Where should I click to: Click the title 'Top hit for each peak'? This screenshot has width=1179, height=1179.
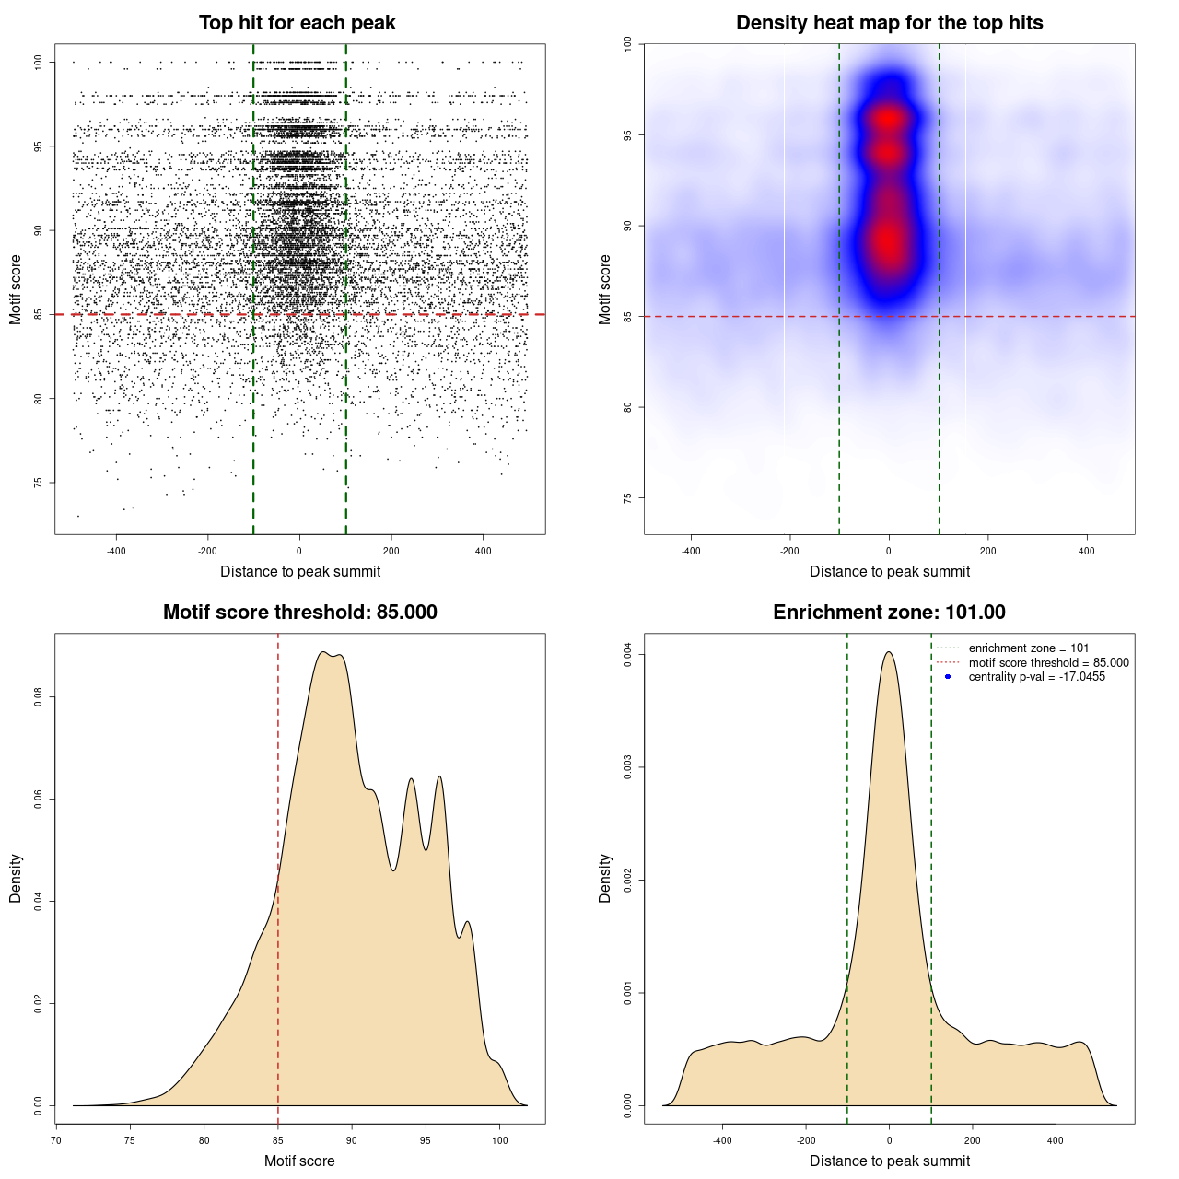[x=297, y=23]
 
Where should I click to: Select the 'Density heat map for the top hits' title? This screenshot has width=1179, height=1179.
[x=889, y=23]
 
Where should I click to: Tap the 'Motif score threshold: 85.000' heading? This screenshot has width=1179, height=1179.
[x=299, y=613]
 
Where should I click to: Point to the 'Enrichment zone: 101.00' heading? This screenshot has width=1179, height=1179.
[x=889, y=613]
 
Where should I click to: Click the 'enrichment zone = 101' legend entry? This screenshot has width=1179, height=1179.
[x=1028, y=648]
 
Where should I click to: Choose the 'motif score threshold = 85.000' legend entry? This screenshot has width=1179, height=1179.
[x=1048, y=662]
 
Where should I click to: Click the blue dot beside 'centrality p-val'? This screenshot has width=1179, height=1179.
[x=948, y=677]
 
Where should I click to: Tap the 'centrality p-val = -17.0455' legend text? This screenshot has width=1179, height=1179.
[x=1036, y=677]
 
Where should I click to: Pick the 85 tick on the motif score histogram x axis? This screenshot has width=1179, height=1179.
[x=278, y=1140]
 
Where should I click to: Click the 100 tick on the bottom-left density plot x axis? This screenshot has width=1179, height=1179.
[x=499, y=1140]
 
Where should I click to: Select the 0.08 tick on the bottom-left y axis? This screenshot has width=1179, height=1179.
[x=39, y=698]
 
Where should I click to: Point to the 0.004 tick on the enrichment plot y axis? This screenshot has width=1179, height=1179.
[x=628, y=655]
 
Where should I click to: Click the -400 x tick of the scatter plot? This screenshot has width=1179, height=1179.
[x=116, y=551]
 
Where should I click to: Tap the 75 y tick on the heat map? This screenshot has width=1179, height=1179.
[x=628, y=498]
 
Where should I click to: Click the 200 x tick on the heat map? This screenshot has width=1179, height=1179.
[x=987, y=551]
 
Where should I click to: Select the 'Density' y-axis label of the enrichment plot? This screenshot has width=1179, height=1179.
[x=605, y=878]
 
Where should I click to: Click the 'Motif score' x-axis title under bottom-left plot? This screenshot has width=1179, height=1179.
[x=299, y=1161]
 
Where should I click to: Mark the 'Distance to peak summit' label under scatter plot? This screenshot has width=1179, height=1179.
[x=300, y=571]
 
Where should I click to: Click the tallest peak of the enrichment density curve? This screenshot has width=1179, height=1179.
[x=889, y=652]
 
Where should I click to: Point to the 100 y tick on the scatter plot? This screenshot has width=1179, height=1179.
[x=39, y=62]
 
